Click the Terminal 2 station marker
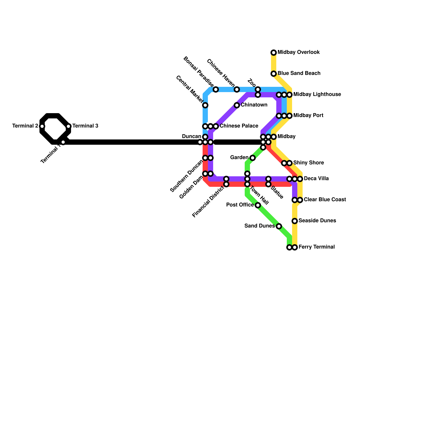(x=42, y=126)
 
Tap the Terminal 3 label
(x=85, y=126)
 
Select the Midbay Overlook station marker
(x=274, y=53)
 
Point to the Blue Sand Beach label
(x=299, y=73)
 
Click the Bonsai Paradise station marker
(x=216, y=89)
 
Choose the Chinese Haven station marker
(x=237, y=89)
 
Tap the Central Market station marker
(x=205, y=105)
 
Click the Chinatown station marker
(x=237, y=105)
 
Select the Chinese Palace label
(x=239, y=126)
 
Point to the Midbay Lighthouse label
(x=317, y=94)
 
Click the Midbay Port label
(x=308, y=116)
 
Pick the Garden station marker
(x=253, y=158)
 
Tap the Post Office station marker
(x=258, y=205)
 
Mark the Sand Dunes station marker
(x=279, y=226)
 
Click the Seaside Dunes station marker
(x=295, y=221)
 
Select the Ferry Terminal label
(x=317, y=247)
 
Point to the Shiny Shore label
(x=308, y=163)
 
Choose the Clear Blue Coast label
(x=325, y=200)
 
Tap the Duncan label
(x=192, y=137)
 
